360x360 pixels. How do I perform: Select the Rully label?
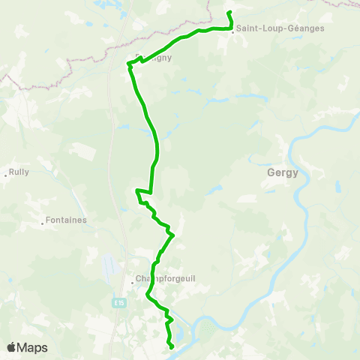point(19,172)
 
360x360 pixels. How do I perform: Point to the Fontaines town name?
point(66,220)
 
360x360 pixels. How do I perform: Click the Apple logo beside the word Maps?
point(11,347)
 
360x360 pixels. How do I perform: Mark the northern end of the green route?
point(228,13)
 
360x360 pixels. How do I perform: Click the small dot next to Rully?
point(6,175)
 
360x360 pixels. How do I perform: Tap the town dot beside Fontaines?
point(42,223)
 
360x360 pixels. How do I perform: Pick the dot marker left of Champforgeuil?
point(133,283)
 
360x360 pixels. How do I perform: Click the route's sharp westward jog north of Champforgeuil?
point(136,192)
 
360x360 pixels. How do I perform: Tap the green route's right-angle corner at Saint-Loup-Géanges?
point(230,28)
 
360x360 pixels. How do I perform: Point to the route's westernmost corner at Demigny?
point(129,66)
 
